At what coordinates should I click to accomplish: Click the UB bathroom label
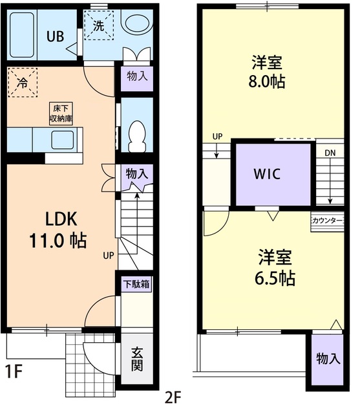tap(54, 36)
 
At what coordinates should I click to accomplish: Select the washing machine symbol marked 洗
tap(99, 27)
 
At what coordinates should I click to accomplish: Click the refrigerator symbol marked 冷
tap(23, 83)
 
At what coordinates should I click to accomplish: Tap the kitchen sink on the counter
tap(63, 139)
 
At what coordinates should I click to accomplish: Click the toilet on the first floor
tap(136, 135)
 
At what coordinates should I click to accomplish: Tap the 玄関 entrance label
tap(137, 361)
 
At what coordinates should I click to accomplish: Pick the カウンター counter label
tap(327, 221)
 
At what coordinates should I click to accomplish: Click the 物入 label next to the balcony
tap(328, 359)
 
